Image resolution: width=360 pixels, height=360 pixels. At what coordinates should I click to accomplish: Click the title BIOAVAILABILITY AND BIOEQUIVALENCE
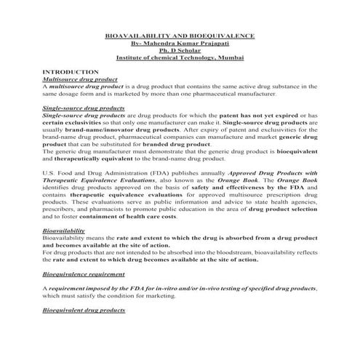180,36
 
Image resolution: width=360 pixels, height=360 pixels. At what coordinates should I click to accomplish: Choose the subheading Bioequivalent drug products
84,310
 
